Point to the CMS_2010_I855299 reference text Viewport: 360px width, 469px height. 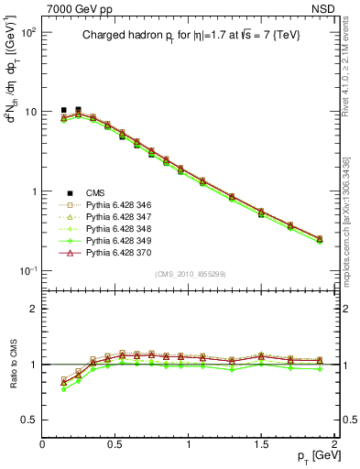tap(190, 274)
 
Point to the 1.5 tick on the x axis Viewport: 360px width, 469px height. tap(261, 443)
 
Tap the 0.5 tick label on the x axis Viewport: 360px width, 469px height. tap(115, 443)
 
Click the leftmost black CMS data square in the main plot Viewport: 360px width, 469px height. tap(63, 110)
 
